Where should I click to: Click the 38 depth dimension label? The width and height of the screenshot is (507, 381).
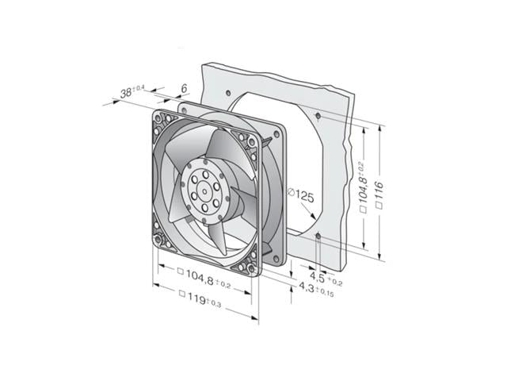[x=126, y=93]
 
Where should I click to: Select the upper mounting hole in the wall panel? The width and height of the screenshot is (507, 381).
[x=318, y=116]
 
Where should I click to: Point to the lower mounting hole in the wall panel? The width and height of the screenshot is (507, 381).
[x=318, y=237]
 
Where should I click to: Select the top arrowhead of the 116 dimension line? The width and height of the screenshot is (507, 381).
[x=380, y=130]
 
